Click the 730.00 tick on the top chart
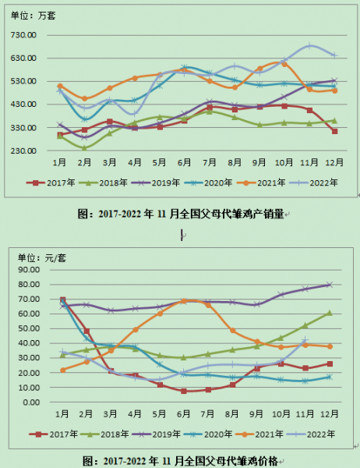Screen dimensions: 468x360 [25, 36]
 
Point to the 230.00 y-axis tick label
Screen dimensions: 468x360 [25, 151]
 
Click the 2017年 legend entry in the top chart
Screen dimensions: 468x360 [45, 183]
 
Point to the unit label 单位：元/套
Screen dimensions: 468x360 [36, 256]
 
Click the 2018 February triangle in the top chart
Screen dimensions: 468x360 [83, 147]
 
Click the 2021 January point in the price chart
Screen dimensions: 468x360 [62, 370]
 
